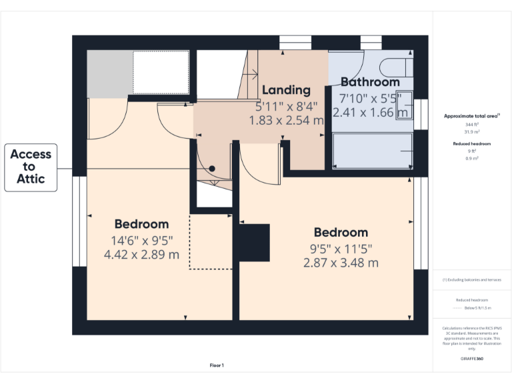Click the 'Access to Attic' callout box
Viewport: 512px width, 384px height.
[31, 167]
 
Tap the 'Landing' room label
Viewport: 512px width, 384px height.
[286, 90]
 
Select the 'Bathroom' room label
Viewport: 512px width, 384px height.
[370, 82]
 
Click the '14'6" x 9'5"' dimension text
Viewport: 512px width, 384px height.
[141, 240]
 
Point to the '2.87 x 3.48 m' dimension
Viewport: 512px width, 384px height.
[341, 263]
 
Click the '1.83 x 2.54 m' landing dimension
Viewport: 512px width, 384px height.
[286, 121]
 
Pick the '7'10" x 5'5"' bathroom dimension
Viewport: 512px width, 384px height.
[370, 98]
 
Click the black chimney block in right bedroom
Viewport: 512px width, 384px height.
[254, 243]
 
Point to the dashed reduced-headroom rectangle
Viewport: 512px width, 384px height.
[211, 241]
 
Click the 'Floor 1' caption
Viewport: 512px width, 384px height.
[217, 365]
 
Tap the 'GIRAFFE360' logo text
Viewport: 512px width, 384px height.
[471, 359]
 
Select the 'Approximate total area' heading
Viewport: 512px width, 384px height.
[471, 116]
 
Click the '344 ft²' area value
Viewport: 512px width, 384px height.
[471, 125]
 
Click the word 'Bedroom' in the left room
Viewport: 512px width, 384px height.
[141, 224]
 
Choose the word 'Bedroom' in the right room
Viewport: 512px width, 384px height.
[341, 233]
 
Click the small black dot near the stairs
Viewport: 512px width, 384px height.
[212, 169]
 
